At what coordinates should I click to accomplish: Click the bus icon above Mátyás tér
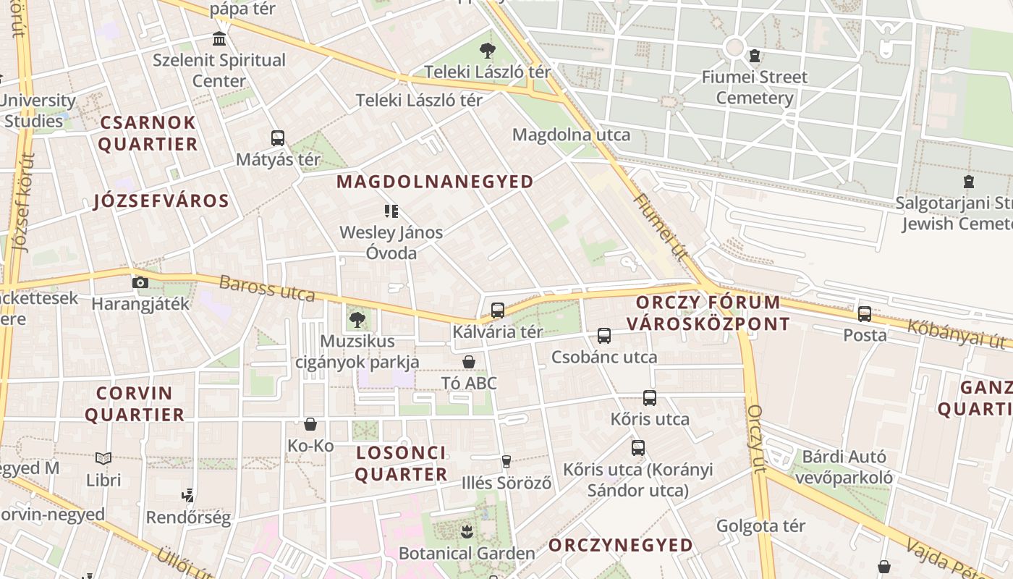278,138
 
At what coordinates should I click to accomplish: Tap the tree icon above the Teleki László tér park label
488,51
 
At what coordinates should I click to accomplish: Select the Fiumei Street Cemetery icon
755,56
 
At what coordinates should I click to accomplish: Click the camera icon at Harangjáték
140,282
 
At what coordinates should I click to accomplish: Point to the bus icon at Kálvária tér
498,310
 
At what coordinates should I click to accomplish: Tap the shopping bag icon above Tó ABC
469,361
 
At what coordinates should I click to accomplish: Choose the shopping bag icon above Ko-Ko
310,424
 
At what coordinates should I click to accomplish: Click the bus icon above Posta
865,314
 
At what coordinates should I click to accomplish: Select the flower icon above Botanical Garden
467,532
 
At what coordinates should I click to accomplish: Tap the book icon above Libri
103,458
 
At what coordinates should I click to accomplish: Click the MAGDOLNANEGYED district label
436,182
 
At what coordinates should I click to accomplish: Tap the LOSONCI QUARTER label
401,464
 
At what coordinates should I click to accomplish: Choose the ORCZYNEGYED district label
621,545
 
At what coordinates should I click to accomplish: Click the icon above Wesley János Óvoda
391,211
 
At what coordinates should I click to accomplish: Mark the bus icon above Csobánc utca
604,336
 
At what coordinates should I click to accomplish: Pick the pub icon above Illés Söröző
506,461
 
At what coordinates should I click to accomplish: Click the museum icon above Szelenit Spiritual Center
219,38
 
